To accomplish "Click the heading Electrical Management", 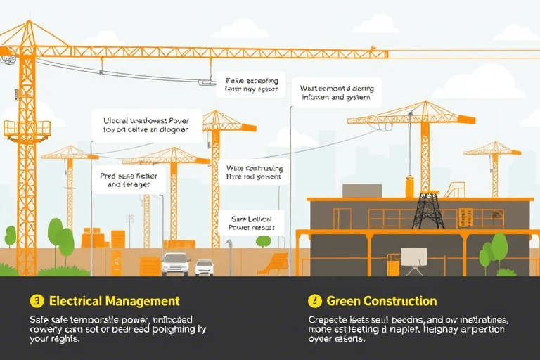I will (x=114, y=301).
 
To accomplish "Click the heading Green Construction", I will (x=381, y=301).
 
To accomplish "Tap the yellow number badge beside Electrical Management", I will (x=37, y=301).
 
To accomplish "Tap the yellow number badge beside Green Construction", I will (x=314, y=301).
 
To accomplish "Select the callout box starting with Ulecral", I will (x=146, y=124).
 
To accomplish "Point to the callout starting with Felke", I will (x=251, y=84).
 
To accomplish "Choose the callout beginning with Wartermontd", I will (x=336, y=93).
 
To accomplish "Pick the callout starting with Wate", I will (x=254, y=173).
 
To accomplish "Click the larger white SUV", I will (x=175, y=264).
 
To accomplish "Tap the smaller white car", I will (x=205, y=267).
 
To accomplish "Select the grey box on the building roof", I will (x=361, y=191).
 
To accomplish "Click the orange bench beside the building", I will (x=274, y=264).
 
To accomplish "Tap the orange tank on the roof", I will (x=409, y=187).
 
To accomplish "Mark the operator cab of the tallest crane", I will (x=27, y=129).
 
